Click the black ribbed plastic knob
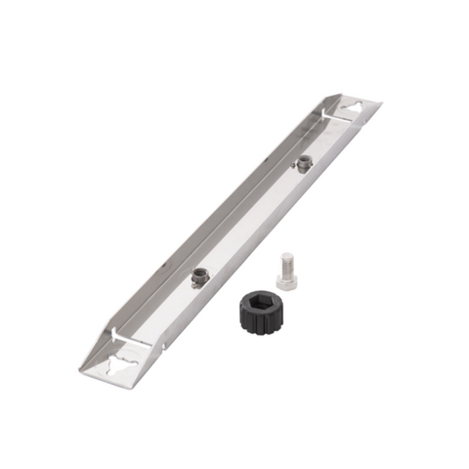pyautogui.click(x=259, y=311)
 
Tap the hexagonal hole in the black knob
pyautogui.click(x=260, y=304)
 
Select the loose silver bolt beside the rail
pyautogui.click(x=287, y=270)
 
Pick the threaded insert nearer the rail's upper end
pyautogui.click(x=306, y=163)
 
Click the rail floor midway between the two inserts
pyautogui.click(x=252, y=220)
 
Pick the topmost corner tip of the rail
pyautogui.click(x=342, y=94)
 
